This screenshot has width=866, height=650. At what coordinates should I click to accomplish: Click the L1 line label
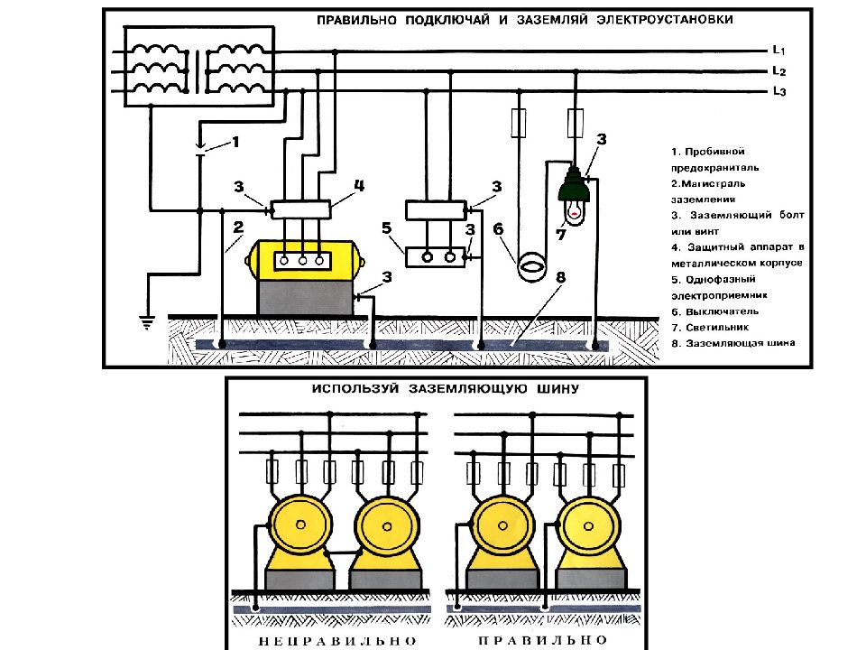click(x=778, y=50)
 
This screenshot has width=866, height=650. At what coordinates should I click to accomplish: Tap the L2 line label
click(x=778, y=70)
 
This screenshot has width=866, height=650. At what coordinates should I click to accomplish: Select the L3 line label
click(x=778, y=91)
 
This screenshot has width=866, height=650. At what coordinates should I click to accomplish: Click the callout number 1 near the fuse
click(x=235, y=142)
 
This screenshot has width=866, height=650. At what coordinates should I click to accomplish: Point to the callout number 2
click(x=238, y=227)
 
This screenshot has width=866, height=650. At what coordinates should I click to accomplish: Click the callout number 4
click(x=359, y=186)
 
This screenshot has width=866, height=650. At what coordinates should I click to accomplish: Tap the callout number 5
click(x=387, y=227)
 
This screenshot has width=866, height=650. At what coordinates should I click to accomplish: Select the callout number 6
click(x=498, y=228)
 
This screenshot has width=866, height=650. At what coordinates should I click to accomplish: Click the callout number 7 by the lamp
click(x=561, y=235)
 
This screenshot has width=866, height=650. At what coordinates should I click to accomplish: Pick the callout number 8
click(x=561, y=277)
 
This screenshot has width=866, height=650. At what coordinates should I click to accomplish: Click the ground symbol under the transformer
click(x=147, y=322)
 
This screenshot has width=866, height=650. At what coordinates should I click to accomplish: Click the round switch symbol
click(x=531, y=267)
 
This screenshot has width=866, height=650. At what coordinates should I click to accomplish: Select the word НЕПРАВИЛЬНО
click(x=337, y=641)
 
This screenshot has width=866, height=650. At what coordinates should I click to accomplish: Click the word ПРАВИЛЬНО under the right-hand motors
click(x=542, y=641)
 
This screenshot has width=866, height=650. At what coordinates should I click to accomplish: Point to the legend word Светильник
click(x=717, y=327)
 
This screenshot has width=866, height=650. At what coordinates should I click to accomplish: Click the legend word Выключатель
click(x=723, y=311)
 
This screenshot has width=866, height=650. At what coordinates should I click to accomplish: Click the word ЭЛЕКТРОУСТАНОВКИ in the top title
click(x=665, y=19)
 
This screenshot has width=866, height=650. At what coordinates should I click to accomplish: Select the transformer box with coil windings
click(x=198, y=66)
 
